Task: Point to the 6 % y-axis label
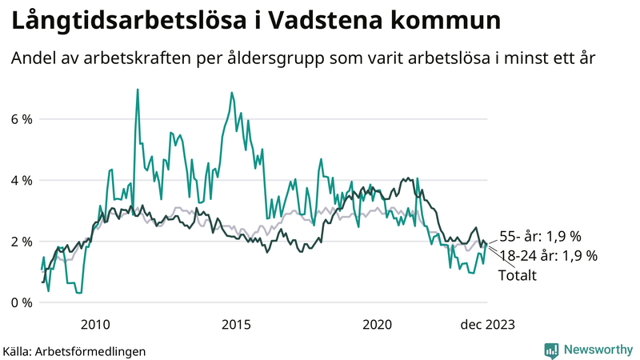(22, 119)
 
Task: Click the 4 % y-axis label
(22, 180)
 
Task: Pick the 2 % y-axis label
(22, 242)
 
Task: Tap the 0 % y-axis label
(22, 302)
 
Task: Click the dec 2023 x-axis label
(486, 324)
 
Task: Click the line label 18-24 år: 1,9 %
(548, 256)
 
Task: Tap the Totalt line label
(517, 275)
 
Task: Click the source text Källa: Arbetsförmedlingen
(74, 350)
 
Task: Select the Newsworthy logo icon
(551, 350)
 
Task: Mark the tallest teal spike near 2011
(138, 90)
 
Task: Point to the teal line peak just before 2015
(232, 93)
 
